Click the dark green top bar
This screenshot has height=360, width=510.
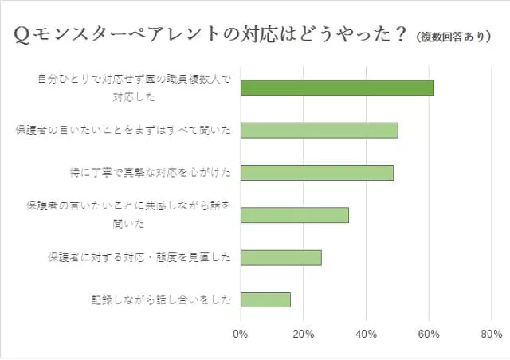point(337,88)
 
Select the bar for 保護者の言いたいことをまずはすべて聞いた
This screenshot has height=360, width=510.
point(319,131)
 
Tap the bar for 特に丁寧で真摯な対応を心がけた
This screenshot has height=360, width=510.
point(316,173)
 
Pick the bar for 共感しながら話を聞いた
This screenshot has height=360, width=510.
point(294,215)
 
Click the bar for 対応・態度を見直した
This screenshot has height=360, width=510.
point(280,257)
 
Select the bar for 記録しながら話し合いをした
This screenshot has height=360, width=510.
point(265,299)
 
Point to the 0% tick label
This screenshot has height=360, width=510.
point(240,335)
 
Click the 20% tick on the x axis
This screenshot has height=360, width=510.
point(303,335)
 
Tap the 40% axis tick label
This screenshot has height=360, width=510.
point(366,335)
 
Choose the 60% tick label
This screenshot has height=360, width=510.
point(429,335)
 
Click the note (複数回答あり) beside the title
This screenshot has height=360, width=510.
point(453,37)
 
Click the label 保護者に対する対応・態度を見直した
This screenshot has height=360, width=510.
point(139,257)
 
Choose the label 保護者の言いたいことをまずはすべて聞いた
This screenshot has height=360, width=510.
point(124,131)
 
